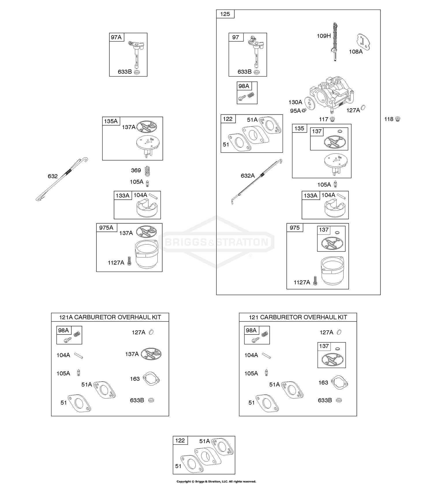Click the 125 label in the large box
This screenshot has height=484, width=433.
225,14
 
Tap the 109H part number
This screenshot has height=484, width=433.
324,36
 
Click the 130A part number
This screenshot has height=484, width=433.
295,102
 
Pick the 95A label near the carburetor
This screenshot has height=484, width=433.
295,111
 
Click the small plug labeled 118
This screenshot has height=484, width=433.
397,119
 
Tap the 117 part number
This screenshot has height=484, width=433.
323,119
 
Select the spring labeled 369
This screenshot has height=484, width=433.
148,171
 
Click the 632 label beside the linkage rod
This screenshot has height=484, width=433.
53,176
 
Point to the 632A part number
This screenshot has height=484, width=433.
248,175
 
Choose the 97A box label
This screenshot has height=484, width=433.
116,37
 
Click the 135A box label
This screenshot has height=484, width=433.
111,121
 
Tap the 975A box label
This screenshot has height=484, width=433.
106,228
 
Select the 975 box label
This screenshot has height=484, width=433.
294,228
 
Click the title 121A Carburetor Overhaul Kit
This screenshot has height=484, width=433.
110,317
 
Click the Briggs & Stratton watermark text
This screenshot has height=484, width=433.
216,242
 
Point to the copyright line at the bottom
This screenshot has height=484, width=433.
216,481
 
